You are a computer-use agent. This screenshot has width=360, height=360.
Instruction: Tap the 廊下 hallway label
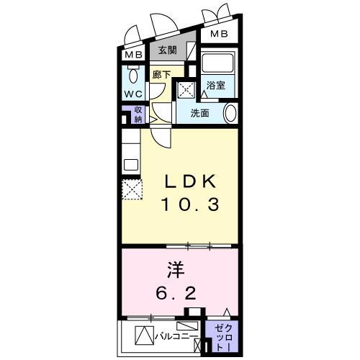tap(161, 73)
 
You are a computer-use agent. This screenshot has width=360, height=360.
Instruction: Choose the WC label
tap(132, 94)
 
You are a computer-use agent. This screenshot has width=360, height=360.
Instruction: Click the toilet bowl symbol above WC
tap(133, 76)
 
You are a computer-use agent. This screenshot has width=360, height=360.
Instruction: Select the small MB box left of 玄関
tap(132, 55)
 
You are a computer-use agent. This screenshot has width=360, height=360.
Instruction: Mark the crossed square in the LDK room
tap(131, 190)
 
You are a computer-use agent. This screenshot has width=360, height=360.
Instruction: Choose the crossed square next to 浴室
tap(185, 89)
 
